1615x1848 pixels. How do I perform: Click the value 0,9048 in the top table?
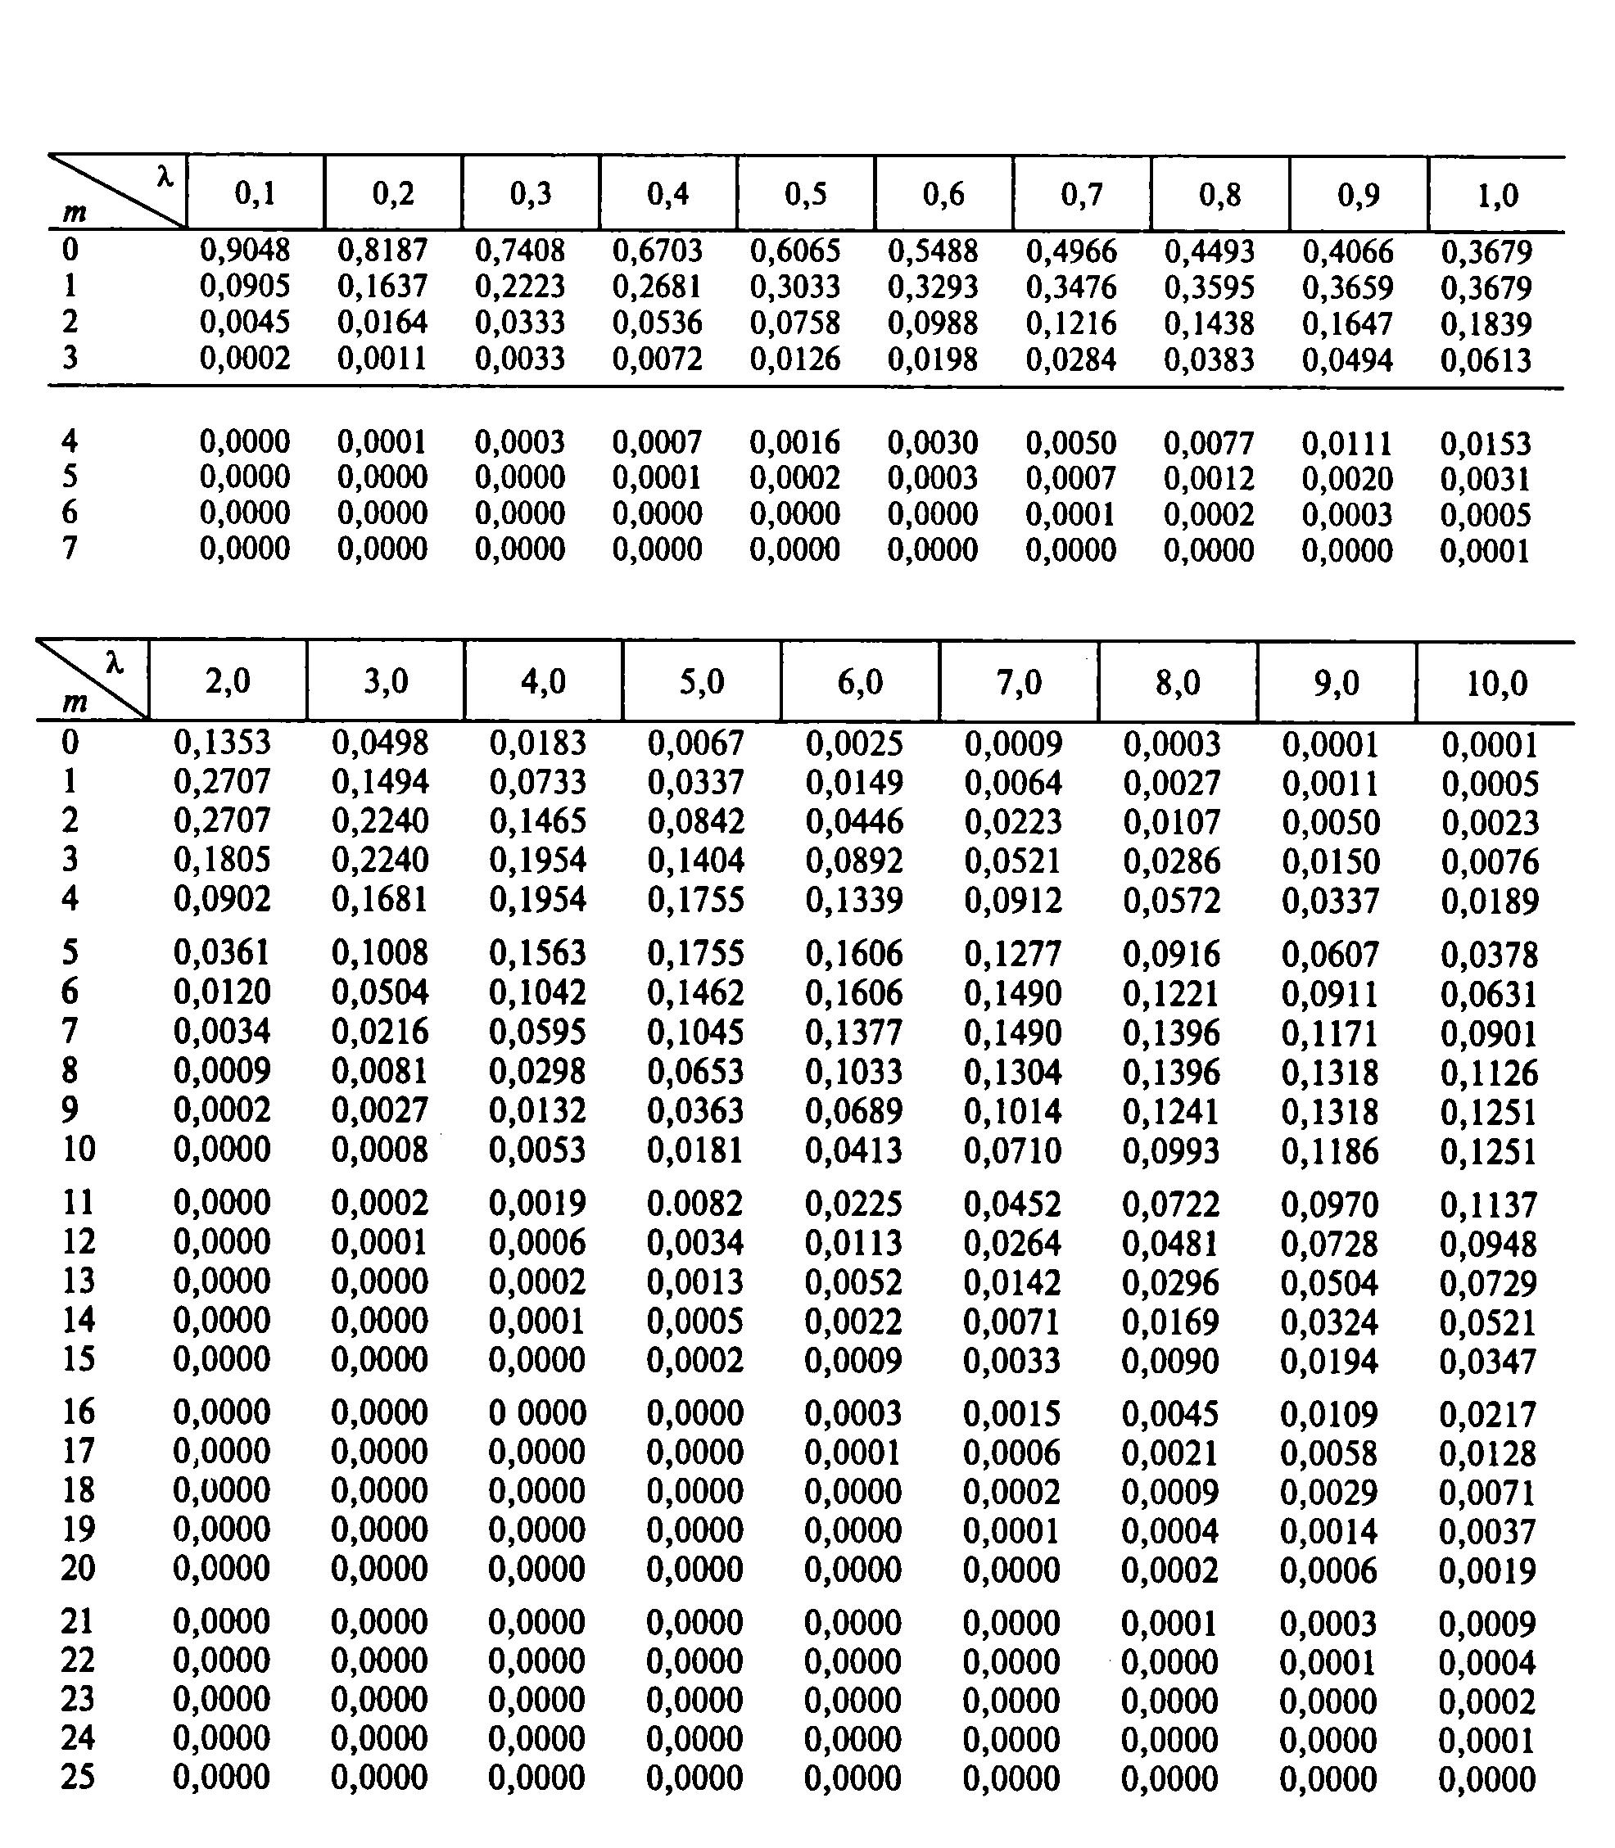[244, 250]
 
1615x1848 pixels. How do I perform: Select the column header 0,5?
[805, 194]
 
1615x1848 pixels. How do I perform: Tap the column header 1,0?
[1497, 196]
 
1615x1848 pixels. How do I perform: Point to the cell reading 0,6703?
[657, 250]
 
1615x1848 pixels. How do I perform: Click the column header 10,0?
[1496, 683]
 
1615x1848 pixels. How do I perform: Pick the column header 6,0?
[860, 682]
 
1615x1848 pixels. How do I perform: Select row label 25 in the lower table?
[78, 1778]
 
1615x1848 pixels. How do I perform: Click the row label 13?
[78, 1281]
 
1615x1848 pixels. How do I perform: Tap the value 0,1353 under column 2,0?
[222, 743]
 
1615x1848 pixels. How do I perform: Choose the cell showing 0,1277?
[1013, 953]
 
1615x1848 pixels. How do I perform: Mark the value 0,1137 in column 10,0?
[1488, 1204]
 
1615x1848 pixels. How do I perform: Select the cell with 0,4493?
[1209, 251]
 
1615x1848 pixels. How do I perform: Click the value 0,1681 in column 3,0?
[379, 899]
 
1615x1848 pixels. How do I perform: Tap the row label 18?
[78, 1489]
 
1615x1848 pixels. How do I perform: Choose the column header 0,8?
[1219, 195]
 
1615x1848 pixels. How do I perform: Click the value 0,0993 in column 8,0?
[1170, 1150]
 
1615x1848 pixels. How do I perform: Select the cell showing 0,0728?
[1329, 1244]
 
